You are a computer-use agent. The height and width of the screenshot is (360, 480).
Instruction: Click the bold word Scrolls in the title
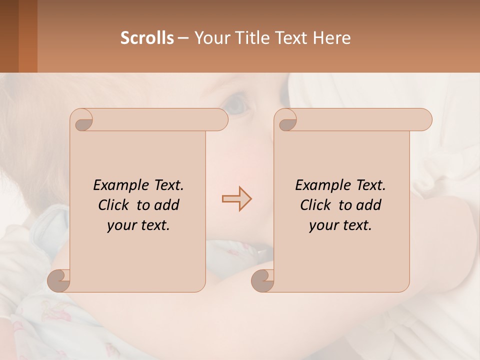coord(147,38)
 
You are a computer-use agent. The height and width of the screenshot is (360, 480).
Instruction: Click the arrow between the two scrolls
coord(236,199)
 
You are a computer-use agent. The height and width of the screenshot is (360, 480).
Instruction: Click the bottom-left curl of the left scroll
coord(59,280)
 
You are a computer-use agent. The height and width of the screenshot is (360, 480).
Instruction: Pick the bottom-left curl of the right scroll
coord(263,280)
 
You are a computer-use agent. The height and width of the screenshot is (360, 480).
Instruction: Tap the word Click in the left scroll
coord(113,205)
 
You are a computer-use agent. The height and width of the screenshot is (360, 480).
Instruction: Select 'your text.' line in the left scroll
coord(138,225)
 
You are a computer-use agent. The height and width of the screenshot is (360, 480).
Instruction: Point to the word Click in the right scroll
coord(315,205)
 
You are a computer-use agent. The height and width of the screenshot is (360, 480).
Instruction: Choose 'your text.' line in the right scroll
coord(340,225)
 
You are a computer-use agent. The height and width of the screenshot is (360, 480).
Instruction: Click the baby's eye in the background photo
coord(235,103)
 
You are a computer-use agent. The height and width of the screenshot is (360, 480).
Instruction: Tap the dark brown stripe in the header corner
coord(9,36)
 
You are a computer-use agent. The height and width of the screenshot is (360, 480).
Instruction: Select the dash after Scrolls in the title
coord(183,38)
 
